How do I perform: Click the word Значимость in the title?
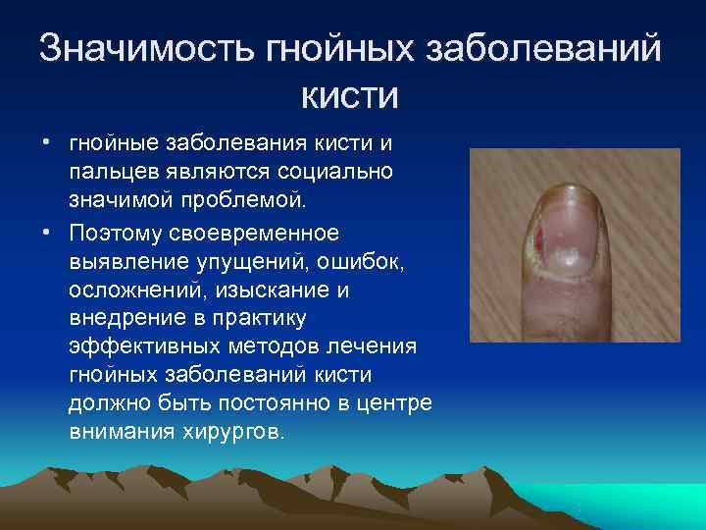pos(145,50)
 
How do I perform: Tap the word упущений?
pos(249,262)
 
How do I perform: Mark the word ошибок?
pos(354,262)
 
